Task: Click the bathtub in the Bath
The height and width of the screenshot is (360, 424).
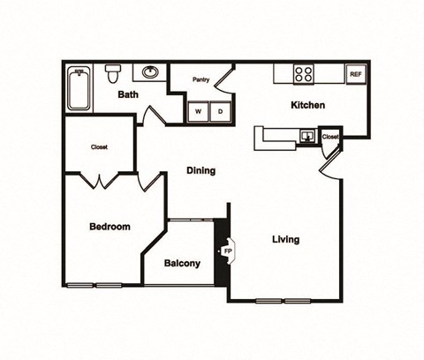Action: [x=79, y=89]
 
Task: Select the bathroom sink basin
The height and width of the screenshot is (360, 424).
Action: [x=150, y=72]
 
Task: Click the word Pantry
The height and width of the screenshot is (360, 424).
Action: [x=201, y=79]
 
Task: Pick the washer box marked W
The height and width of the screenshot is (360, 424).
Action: [x=197, y=111]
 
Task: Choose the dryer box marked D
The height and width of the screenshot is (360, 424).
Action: [x=220, y=111]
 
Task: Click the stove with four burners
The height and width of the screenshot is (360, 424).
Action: [x=304, y=74]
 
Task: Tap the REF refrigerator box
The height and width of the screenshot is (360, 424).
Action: [x=356, y=74]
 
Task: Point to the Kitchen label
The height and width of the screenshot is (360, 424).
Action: [x=308, y=105]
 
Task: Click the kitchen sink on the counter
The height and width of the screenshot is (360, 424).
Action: [x=307, y=136]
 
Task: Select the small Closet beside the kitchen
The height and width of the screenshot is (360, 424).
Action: [x=330, y=137]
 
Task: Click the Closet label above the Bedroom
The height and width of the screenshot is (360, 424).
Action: [x=99, y=147]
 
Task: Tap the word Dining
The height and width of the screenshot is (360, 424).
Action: [x=201, y=170]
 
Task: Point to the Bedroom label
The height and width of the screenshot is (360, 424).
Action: [x=110, y=227]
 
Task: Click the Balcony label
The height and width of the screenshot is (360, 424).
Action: [x=182, y=263]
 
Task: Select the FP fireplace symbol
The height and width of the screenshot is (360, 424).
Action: [x=227, y=251]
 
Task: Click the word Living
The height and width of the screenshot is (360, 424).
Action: [x=285, y=239]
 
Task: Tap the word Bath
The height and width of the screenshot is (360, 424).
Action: [x=129, y=94]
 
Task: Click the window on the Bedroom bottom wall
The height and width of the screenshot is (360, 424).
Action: [x=95, y=285]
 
